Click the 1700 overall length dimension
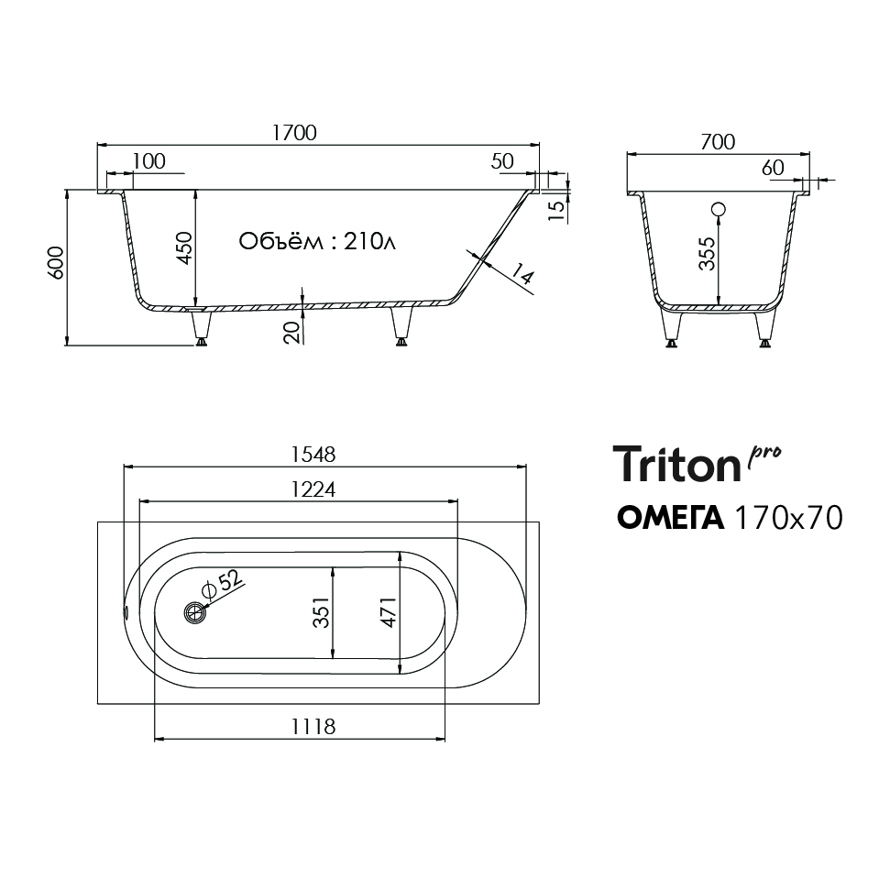coord(294,133)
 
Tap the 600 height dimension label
coord(56,263)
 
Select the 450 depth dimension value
coord(184,247)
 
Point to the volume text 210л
coord(369,242)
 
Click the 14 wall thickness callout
coord(522,274)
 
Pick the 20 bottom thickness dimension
coord(291,332)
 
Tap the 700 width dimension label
coord(718,142)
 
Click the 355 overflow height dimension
coord(707,254)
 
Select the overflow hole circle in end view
coord(719,210)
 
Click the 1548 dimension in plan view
coord(313,455)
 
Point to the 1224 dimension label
coord(313,489)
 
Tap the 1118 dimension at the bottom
coord(313,727)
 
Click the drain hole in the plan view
coord(194,612)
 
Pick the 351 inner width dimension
coord(322,612)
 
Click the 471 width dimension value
coord(389,612)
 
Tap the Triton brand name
coord(676,464)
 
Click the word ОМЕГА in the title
coord(670,518)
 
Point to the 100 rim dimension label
coord(148,161)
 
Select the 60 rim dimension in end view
coord(773,168)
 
